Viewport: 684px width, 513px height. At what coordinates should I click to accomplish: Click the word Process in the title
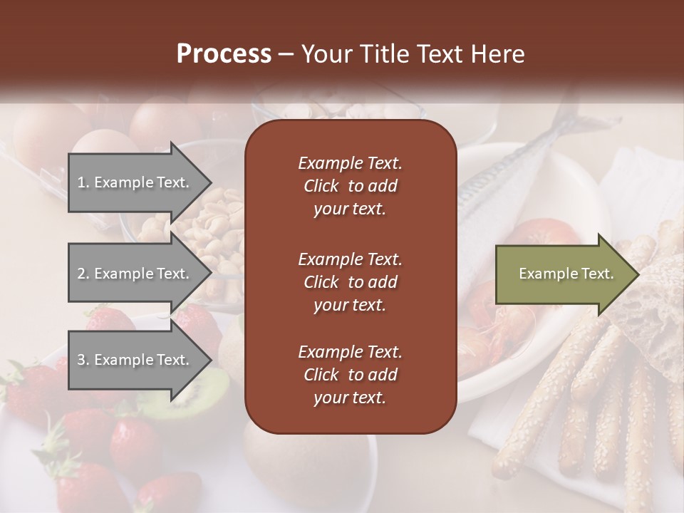click(224, 54)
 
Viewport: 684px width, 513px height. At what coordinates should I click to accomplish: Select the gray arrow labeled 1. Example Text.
click(135, 182)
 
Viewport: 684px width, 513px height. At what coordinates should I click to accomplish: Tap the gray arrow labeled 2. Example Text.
click(135, 274)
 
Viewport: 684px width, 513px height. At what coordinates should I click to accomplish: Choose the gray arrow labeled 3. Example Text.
click(135, 360)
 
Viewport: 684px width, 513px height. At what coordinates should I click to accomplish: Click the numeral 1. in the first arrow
click(83, 182)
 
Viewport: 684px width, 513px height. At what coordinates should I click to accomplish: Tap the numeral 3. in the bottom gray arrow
click(83, 360)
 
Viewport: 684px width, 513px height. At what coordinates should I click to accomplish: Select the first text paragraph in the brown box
click(350, 186)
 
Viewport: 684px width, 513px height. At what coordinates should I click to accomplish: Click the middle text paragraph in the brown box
click(350, 281)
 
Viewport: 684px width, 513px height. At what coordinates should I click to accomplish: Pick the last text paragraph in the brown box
click(350, 375)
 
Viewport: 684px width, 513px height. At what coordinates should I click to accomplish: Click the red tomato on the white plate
click(545, 235)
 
